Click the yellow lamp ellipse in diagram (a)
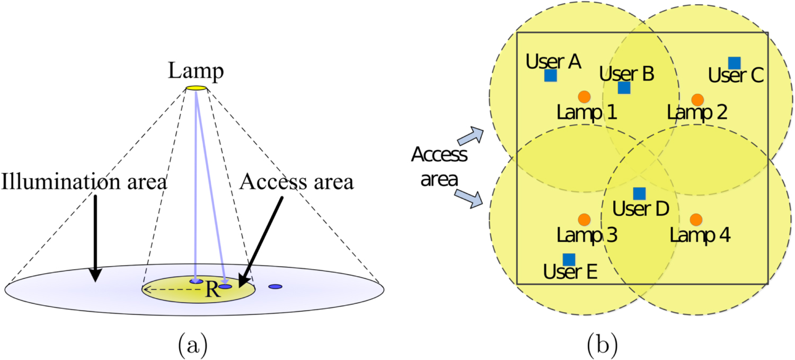coord(196,88)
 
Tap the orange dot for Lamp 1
coord(584,96)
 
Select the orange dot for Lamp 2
coord(697,99)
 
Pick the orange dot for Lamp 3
coord(584,219)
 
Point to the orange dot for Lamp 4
coord(696,219)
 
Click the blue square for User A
coord(551,76)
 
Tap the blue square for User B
coord(624,87)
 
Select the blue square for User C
coord(734,63)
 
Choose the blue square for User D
coord(640,194)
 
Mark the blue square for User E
coord(569,259)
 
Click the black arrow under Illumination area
coord(95,239)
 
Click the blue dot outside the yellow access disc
coord(275,287)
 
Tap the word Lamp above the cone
coord(196,71)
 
